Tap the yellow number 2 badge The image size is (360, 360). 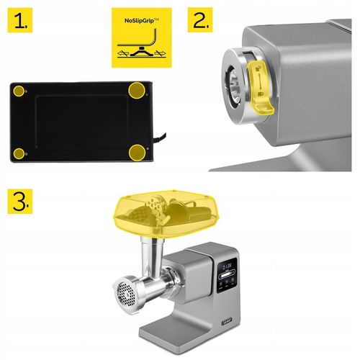[201, 22]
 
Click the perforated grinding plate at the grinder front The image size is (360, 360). [126, 294]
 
